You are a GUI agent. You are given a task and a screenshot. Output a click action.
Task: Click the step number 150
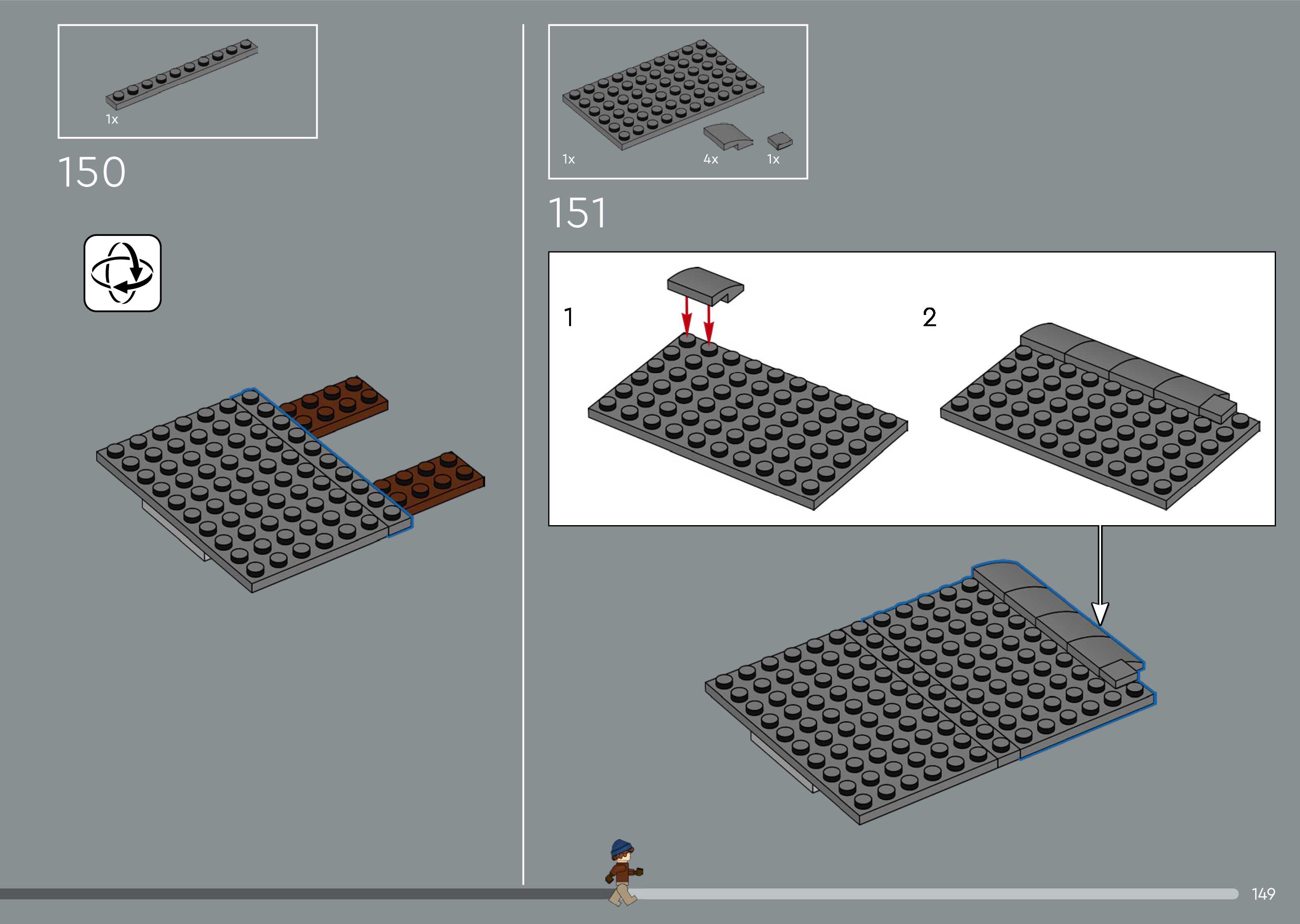92,172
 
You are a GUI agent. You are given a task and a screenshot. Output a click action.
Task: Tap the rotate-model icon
122,273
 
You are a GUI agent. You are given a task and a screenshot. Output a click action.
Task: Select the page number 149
1263,894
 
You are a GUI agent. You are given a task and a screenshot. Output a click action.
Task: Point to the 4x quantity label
711,159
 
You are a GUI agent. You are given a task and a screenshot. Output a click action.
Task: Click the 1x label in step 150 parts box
112,119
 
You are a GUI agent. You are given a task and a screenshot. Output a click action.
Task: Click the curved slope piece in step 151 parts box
727,136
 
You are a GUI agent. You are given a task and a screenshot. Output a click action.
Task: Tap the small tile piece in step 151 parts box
779,141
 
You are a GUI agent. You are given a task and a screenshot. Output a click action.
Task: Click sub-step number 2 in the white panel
929,317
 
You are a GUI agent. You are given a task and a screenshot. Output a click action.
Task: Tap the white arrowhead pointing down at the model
1100,613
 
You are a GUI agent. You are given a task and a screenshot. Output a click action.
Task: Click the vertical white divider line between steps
523,455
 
